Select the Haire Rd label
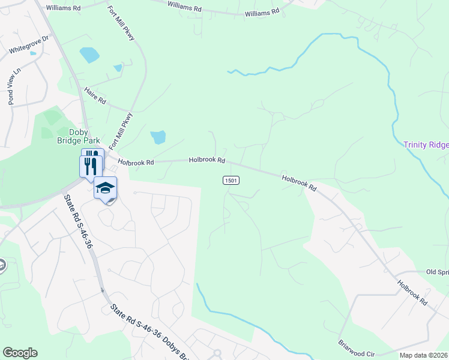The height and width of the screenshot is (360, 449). pos(95,95)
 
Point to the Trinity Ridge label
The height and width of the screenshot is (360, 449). pos(426,145)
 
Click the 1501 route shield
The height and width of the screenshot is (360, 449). pos(231,180)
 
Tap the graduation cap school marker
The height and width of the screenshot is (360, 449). pos(105,188)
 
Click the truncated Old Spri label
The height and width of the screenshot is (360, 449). pos(437,272)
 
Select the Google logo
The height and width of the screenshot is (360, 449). pos(20,353)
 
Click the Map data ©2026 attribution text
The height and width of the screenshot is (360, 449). pos(423,355)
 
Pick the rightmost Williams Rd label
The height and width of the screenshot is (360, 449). pos(262,12)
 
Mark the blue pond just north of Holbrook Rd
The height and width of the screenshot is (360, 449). pos(158,137)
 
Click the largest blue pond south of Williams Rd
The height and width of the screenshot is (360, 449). pos(89,55)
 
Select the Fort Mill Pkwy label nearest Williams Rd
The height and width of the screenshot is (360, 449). pos(121,23)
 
